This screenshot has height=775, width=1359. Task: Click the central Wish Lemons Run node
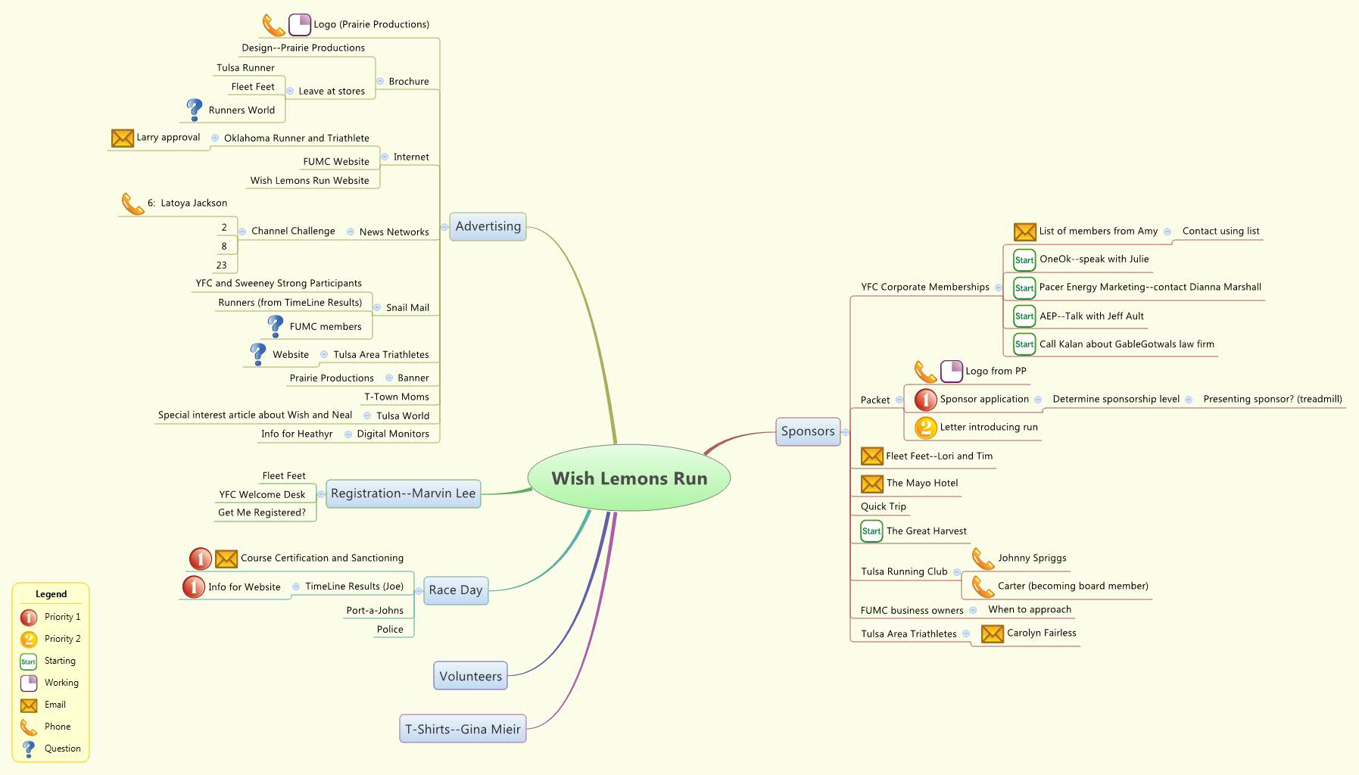(629, 478)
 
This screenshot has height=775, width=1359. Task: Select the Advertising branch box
(488, 226)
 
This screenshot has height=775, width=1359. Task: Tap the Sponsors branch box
(808, 431)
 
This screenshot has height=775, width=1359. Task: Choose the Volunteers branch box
(470, 677)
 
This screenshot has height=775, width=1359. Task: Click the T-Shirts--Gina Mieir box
(463, 730)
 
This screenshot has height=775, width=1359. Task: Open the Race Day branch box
(455, 590)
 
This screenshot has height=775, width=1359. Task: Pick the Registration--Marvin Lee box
(403, 493)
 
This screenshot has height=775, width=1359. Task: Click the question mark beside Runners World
(195, 110)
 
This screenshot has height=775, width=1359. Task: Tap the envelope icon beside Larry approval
(123, 138)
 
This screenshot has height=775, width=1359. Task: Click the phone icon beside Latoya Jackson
(133, 204)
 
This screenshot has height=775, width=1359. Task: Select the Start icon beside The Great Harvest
(871, 531)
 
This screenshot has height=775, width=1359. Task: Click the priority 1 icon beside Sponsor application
(925, 400)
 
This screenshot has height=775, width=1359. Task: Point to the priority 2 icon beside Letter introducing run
(925, 428)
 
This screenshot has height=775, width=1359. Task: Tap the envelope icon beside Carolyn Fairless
(992, 633)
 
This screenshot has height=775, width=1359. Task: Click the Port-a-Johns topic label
(375, 611)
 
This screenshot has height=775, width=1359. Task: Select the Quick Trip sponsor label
(883, 506)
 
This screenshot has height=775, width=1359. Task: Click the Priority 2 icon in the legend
(29, 640)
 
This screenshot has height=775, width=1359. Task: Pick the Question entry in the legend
(62, 749)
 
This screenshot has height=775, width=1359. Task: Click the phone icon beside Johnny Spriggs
(983, 559)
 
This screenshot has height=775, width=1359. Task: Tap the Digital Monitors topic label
(393, 434)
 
